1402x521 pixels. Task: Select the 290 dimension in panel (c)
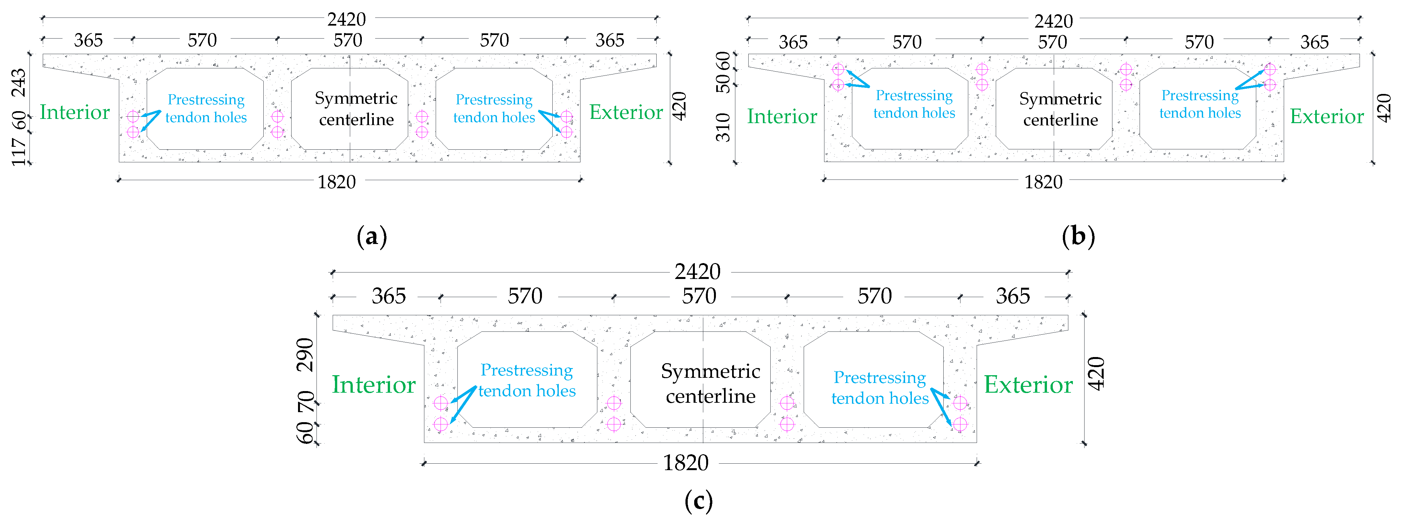pos(305,354)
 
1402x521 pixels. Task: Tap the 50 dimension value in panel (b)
pos(723,82)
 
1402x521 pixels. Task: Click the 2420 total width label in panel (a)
pos(346,19)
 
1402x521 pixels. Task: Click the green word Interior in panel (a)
pos(75,112)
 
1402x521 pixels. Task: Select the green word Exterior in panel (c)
pos(1028,385)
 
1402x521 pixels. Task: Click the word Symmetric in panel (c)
pos(710,371)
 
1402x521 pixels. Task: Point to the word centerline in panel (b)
pos(1060,120)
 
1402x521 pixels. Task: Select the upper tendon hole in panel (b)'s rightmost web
pos(1270,69)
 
